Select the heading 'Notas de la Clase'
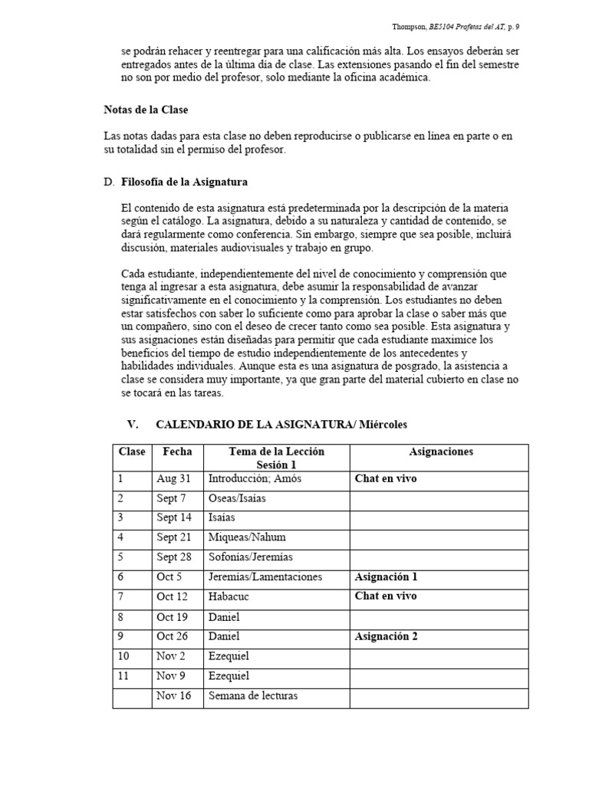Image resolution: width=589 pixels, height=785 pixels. pyautogui.click(x=146, y=110)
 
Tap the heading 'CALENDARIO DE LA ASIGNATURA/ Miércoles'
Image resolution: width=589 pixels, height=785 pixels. pyautogui.click(x=280, y=424)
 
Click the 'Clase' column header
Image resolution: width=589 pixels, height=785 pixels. pyautogui.click(x=132, y=452)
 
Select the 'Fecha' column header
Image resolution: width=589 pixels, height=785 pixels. pyautogui.click(x=177, y=452)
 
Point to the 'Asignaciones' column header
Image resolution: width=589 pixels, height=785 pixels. pyautogui.click(x=441, y=452)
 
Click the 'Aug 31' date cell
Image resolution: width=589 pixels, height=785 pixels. pyautogui.click(x=173, y=479)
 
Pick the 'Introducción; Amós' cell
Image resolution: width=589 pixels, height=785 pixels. pyautogui.click(x=255, y=479)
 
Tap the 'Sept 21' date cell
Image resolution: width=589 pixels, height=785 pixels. pyautogui.click(x=174, y=537)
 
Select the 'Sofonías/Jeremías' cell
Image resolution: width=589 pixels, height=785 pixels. pyautogui.click(x=250, y=557)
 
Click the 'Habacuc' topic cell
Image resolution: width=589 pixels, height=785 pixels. pyautogui.click(x=229, y=596)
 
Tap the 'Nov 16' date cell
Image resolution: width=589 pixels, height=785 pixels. pyautogui.click(x=174, y=696)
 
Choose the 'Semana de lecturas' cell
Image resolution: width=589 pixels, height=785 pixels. pyautogui.click(x=252, y=696)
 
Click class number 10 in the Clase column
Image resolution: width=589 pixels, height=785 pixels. pyautogui.click(x=123, y=656)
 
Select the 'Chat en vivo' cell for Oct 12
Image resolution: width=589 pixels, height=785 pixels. pyautogui.click(x=385, y=596)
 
